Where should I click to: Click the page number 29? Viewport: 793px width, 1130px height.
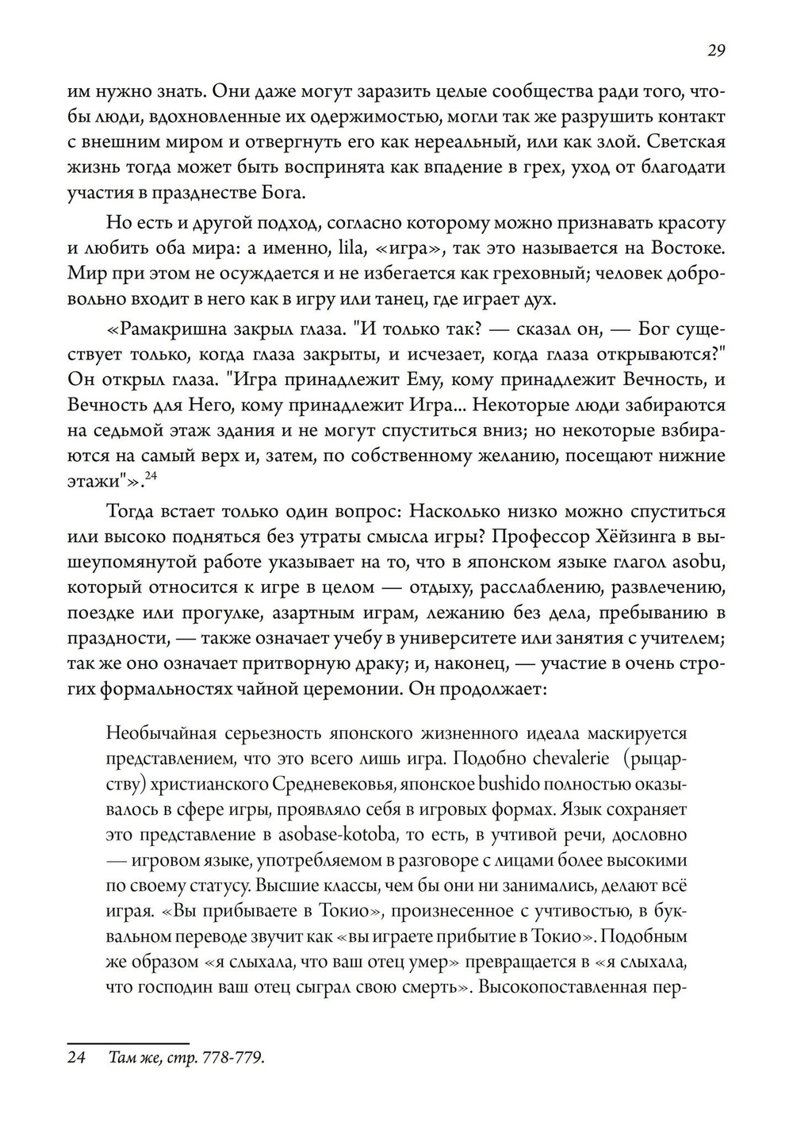coord(715,51)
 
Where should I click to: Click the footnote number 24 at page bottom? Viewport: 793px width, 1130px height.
coord(76,1059)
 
